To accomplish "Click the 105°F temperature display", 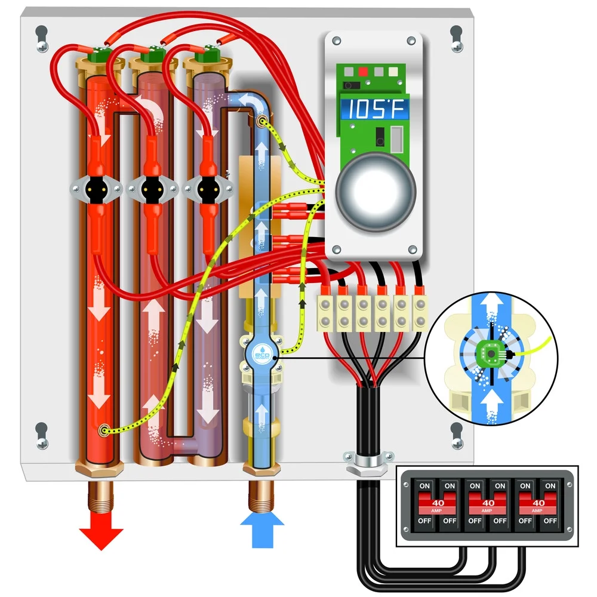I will (375, 110).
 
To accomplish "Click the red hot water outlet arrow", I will (101, 535).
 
